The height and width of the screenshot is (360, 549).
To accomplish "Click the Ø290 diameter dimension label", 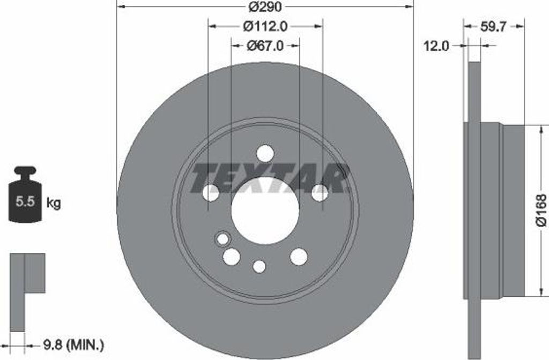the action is [265, 6].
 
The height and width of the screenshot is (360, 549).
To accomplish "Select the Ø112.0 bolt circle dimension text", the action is [265, 26].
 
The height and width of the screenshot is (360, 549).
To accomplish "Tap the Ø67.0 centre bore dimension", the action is [265, 46].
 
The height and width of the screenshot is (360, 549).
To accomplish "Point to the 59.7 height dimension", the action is [493, 27].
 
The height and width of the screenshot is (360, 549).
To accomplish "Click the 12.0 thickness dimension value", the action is [436, 46].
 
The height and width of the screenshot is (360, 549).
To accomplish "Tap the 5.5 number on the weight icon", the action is [25, 201].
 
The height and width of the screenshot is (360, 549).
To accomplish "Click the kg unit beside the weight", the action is [54, 202].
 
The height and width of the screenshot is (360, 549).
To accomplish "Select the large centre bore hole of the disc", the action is [265, 211].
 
